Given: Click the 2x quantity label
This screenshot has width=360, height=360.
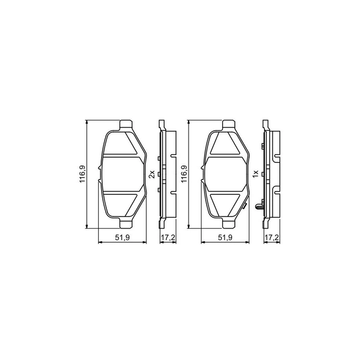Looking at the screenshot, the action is click(x=151, y=174).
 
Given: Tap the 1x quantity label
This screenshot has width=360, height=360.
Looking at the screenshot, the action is click(x=255, y=174).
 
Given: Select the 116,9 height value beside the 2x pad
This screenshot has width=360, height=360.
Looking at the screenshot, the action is click(x=82, y=174).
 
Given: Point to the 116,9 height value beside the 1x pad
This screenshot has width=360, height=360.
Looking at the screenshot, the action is click(x=185, y=174).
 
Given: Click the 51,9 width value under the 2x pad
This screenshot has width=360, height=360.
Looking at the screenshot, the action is click(x=122, y=238).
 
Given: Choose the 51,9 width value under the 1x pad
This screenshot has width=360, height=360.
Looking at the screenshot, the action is click(x=225, y=238).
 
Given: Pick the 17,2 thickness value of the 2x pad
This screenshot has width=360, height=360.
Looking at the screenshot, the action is click(x=168, y=238).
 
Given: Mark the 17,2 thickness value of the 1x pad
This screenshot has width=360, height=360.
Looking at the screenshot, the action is click(x=272, y=238).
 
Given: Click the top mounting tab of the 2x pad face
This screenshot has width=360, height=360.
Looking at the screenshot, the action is click(x=126, y=125).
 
